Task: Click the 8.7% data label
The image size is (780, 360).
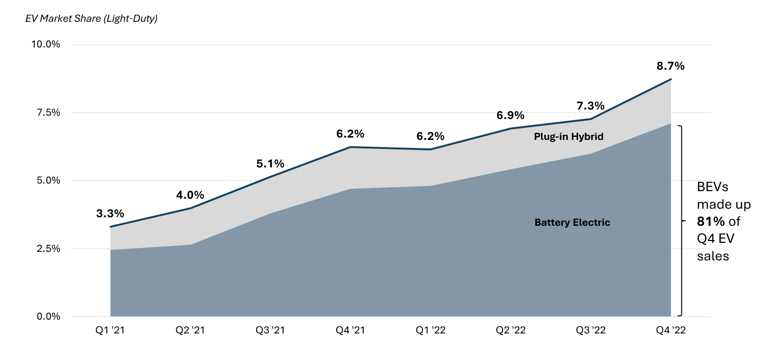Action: click(670, 66)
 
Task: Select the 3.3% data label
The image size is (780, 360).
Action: click(110, 213)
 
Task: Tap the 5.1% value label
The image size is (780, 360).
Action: click(270, 164)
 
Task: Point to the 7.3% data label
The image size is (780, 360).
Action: click(590, 106)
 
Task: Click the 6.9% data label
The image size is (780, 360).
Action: click(510, 115)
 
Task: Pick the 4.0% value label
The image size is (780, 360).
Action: click(190, 195)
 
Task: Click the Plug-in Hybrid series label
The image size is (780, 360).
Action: click(569, 137)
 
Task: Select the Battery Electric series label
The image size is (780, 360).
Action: click(572, 222)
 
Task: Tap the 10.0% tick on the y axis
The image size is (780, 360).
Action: click(46, 44)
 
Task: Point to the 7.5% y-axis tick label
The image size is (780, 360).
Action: click(48, 112)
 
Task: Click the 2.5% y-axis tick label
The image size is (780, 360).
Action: click(48, 249)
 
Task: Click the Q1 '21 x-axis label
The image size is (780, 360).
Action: click(110, 330)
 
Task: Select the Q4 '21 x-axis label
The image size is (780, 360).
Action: click(350, 330)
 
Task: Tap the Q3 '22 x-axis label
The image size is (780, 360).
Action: click(590, 330)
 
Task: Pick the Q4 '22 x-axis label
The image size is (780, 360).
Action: click(670, 330)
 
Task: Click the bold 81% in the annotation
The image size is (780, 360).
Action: click(711, 222)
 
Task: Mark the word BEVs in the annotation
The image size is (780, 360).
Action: click(712, 187)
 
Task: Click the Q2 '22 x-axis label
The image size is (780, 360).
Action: click(511, 330)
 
